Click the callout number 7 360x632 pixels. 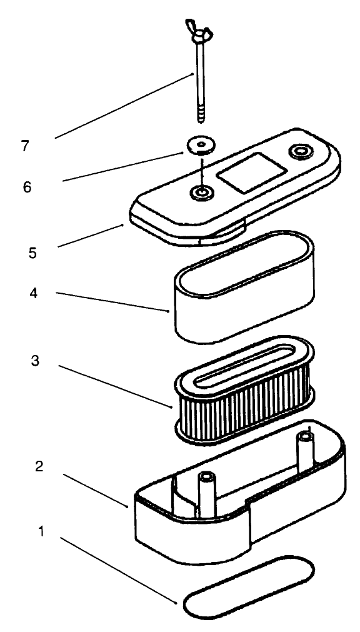coord(26,146)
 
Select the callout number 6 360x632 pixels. coord(27,186)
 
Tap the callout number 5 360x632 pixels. coord(32,253)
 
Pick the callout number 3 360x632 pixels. coord(36,362)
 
